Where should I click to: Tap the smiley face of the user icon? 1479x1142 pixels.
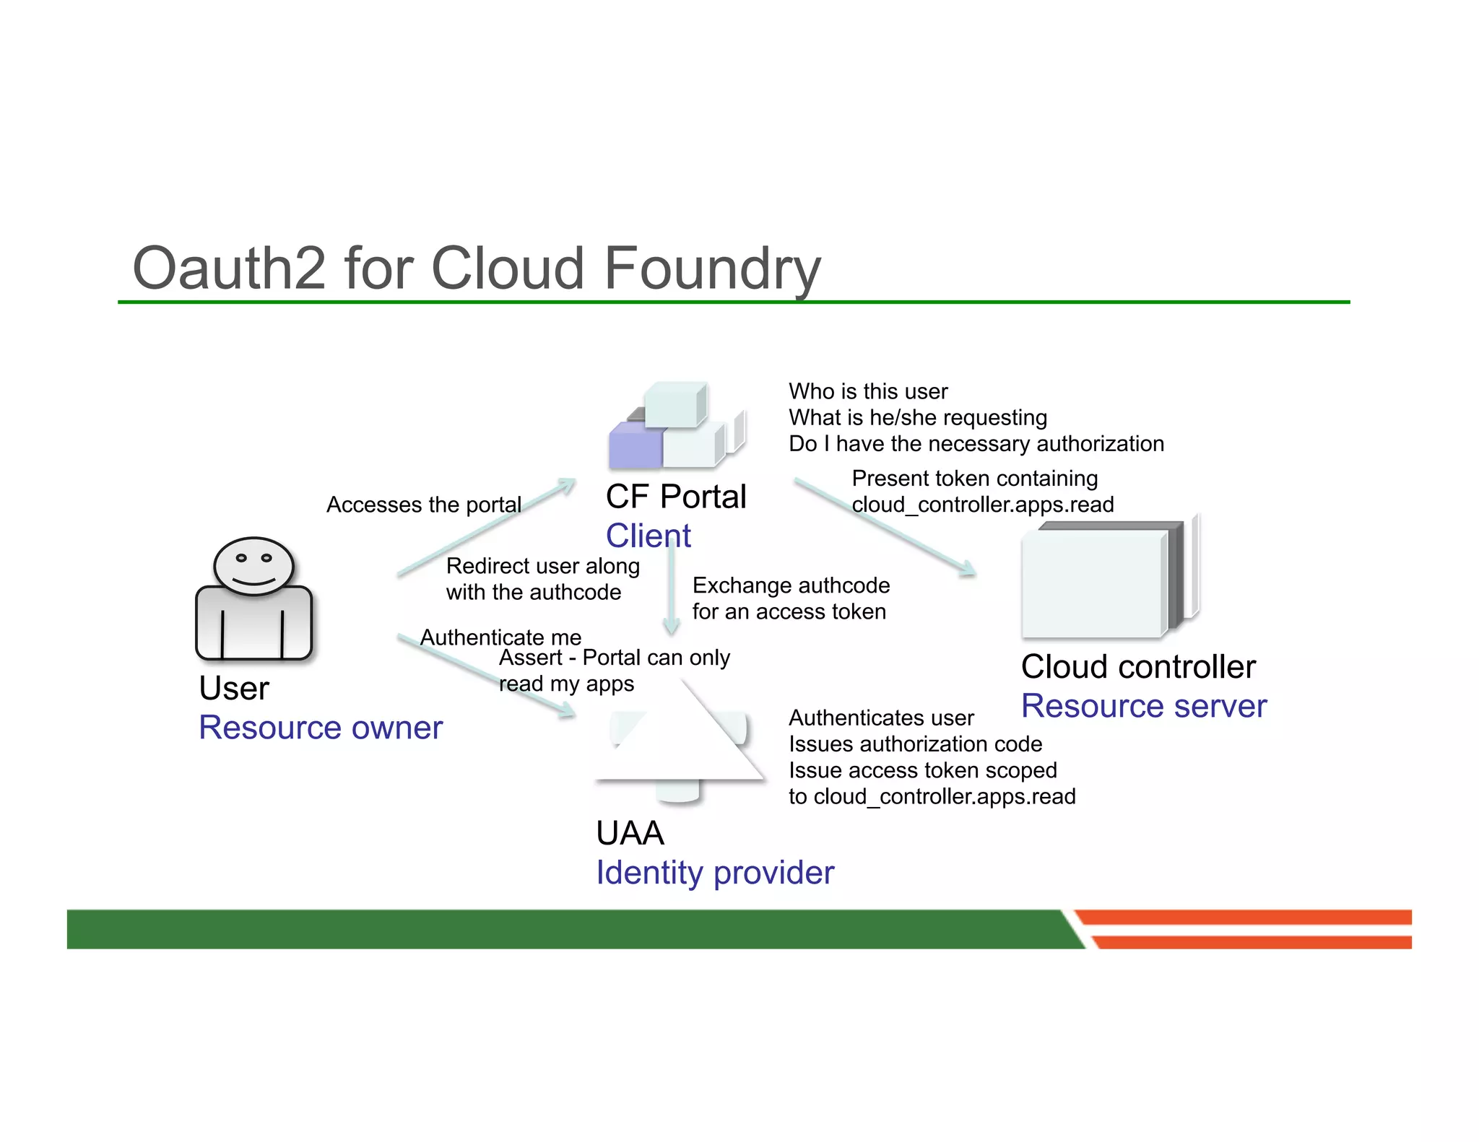[253, 566]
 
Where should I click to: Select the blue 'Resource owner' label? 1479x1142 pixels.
[320, 728]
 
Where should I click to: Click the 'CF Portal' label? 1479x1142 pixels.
[676, 497]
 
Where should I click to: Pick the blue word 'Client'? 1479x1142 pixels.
[648, 536]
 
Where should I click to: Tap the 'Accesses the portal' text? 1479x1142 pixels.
[423, 505]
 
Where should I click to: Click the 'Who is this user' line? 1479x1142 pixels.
[867, 391]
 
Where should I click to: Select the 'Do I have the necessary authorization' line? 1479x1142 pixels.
[976, 443]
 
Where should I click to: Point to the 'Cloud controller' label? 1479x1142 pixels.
[1138, 666]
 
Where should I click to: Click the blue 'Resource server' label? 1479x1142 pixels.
[1143, 706]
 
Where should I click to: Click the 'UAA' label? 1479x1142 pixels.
[630, 833]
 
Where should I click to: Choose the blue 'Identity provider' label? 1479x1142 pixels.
[715, 873]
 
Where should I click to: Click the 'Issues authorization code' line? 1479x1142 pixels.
[915, 744]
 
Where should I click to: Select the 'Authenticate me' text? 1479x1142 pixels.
[500, 637]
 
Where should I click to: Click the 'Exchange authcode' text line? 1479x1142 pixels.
[791, 585]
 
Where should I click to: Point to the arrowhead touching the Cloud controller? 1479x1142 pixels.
[968, 570]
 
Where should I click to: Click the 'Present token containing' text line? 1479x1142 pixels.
[974, 479]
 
